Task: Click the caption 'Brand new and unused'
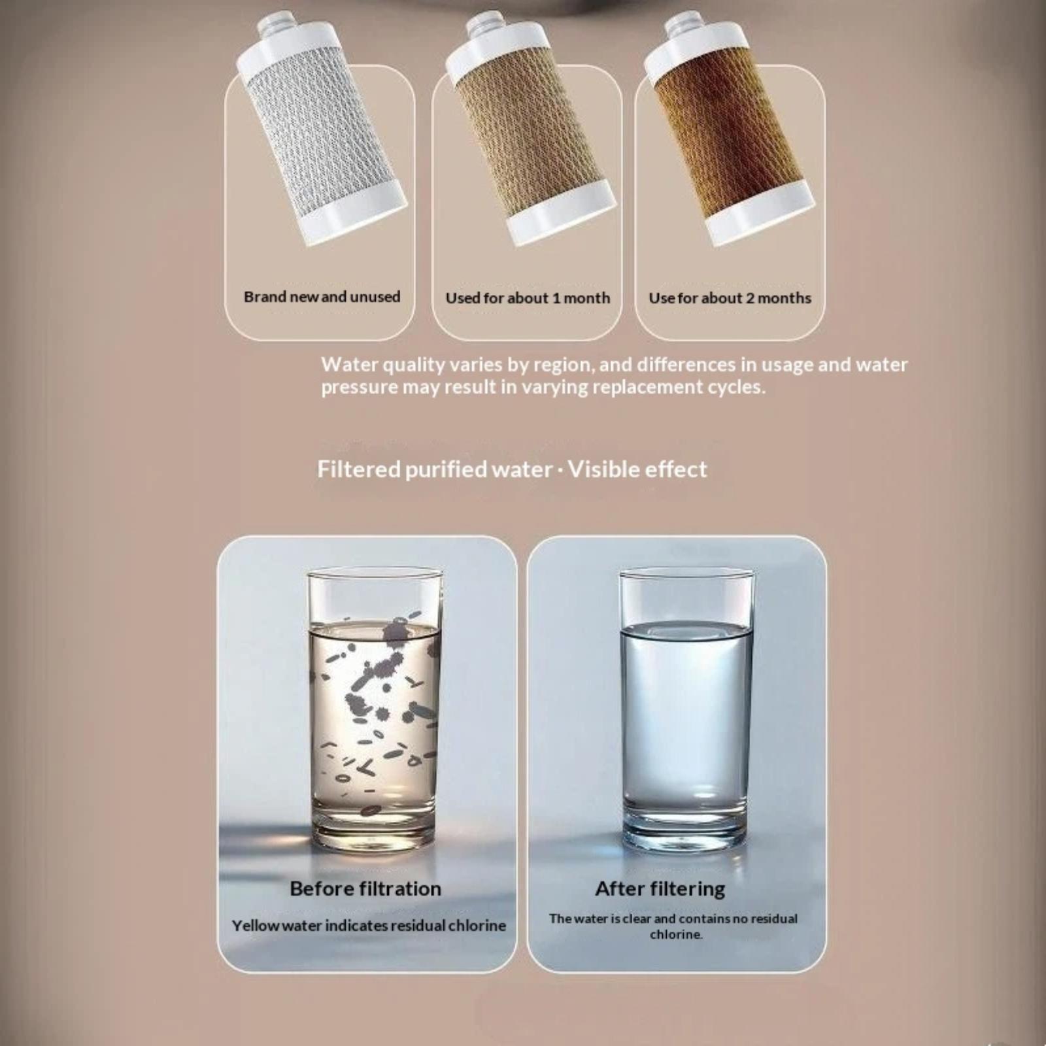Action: (322, 297)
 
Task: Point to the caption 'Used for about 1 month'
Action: (528, 298)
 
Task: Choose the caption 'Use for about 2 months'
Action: (730, 298)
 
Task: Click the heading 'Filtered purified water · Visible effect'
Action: (512, 469)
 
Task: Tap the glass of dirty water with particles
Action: (374, 711)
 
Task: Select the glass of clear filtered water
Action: (686, 711)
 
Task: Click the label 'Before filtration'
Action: (365, 889)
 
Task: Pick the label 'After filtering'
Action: (660, 889)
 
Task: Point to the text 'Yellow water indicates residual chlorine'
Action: (369, 926)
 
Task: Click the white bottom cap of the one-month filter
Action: (562, 213)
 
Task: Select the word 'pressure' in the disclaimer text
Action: (359, 388)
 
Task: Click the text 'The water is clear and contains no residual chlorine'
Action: (673, 926)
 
